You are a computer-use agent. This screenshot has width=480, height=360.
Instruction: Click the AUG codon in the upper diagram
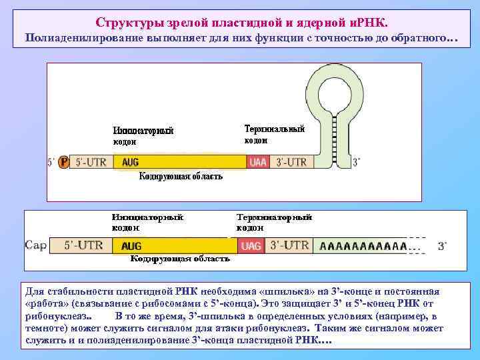click(x=130, y=162)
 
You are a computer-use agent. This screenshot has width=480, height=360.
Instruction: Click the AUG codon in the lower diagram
click(x=131, y=246)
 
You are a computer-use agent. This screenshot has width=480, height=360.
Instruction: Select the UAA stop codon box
click(x=257, y=162)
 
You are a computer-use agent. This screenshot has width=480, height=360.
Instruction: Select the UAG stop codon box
click(x=251, y=246)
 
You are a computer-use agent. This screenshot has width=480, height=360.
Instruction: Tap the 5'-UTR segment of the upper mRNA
click(x=91, y=162)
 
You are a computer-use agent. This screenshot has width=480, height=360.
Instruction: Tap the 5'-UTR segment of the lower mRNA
click(x=83, y=245)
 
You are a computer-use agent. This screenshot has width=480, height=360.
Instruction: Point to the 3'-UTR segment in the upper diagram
click(x=289, y=162)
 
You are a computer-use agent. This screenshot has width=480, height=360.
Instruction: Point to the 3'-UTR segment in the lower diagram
click(x=290, y=245)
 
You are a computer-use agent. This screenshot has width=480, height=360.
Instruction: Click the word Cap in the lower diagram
click(x=36, y=245)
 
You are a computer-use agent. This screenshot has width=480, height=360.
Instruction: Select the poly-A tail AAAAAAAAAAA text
click(x=363, y=246)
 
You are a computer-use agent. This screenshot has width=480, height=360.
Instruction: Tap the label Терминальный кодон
click(x=274, y=134)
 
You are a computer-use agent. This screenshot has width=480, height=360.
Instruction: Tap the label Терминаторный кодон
click(x=274, y=222)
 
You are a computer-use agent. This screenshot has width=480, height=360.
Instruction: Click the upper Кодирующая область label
click(x=181, y=177)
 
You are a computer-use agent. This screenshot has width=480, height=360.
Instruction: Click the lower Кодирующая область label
click(x=180, y=258)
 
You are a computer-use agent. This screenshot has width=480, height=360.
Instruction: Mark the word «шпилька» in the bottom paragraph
click(x=283, y=292)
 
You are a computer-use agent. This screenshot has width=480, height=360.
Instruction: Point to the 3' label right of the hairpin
click(x=356, y=162)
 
